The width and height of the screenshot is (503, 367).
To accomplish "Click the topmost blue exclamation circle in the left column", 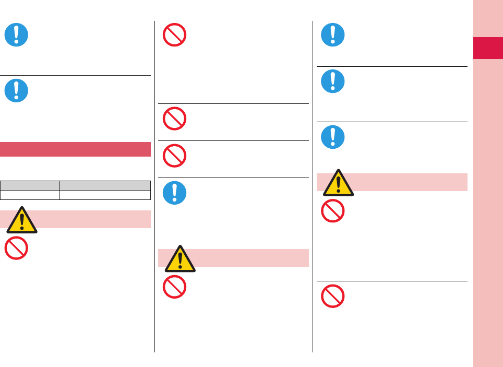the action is click(x=16, y=35).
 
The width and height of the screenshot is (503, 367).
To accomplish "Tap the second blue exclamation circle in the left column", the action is click(x=16, y=90).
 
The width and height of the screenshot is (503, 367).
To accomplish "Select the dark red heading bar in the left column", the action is click(x=75, y=149).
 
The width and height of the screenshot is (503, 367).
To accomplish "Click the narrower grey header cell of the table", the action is click(x=30, y=185).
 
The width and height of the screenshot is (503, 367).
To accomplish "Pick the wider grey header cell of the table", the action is click(x=105, y=185).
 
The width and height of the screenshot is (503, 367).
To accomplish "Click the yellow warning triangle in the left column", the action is click(x=22, y=221).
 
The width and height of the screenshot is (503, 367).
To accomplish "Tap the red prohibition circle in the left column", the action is click(x=16, y=248).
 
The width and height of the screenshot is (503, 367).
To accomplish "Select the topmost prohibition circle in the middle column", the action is click(x=175, y=35).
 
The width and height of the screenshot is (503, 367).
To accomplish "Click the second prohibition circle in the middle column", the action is click(x=175, y=118).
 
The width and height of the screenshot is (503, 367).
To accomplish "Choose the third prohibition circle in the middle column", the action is click(x=175, y=155).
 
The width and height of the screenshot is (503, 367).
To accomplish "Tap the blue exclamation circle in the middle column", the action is click(x=175, y=192).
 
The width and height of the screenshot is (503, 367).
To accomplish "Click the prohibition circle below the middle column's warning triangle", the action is click(x=175, y=287).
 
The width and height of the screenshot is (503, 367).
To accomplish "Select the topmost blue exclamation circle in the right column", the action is click(x=332, y=35).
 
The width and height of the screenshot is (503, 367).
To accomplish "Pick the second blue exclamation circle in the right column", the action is click(x=332, y=81).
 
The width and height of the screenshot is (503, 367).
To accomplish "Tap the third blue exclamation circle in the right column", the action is click(x=332, y=137).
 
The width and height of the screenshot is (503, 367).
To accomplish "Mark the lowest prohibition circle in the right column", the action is click(x=332, y=296).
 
